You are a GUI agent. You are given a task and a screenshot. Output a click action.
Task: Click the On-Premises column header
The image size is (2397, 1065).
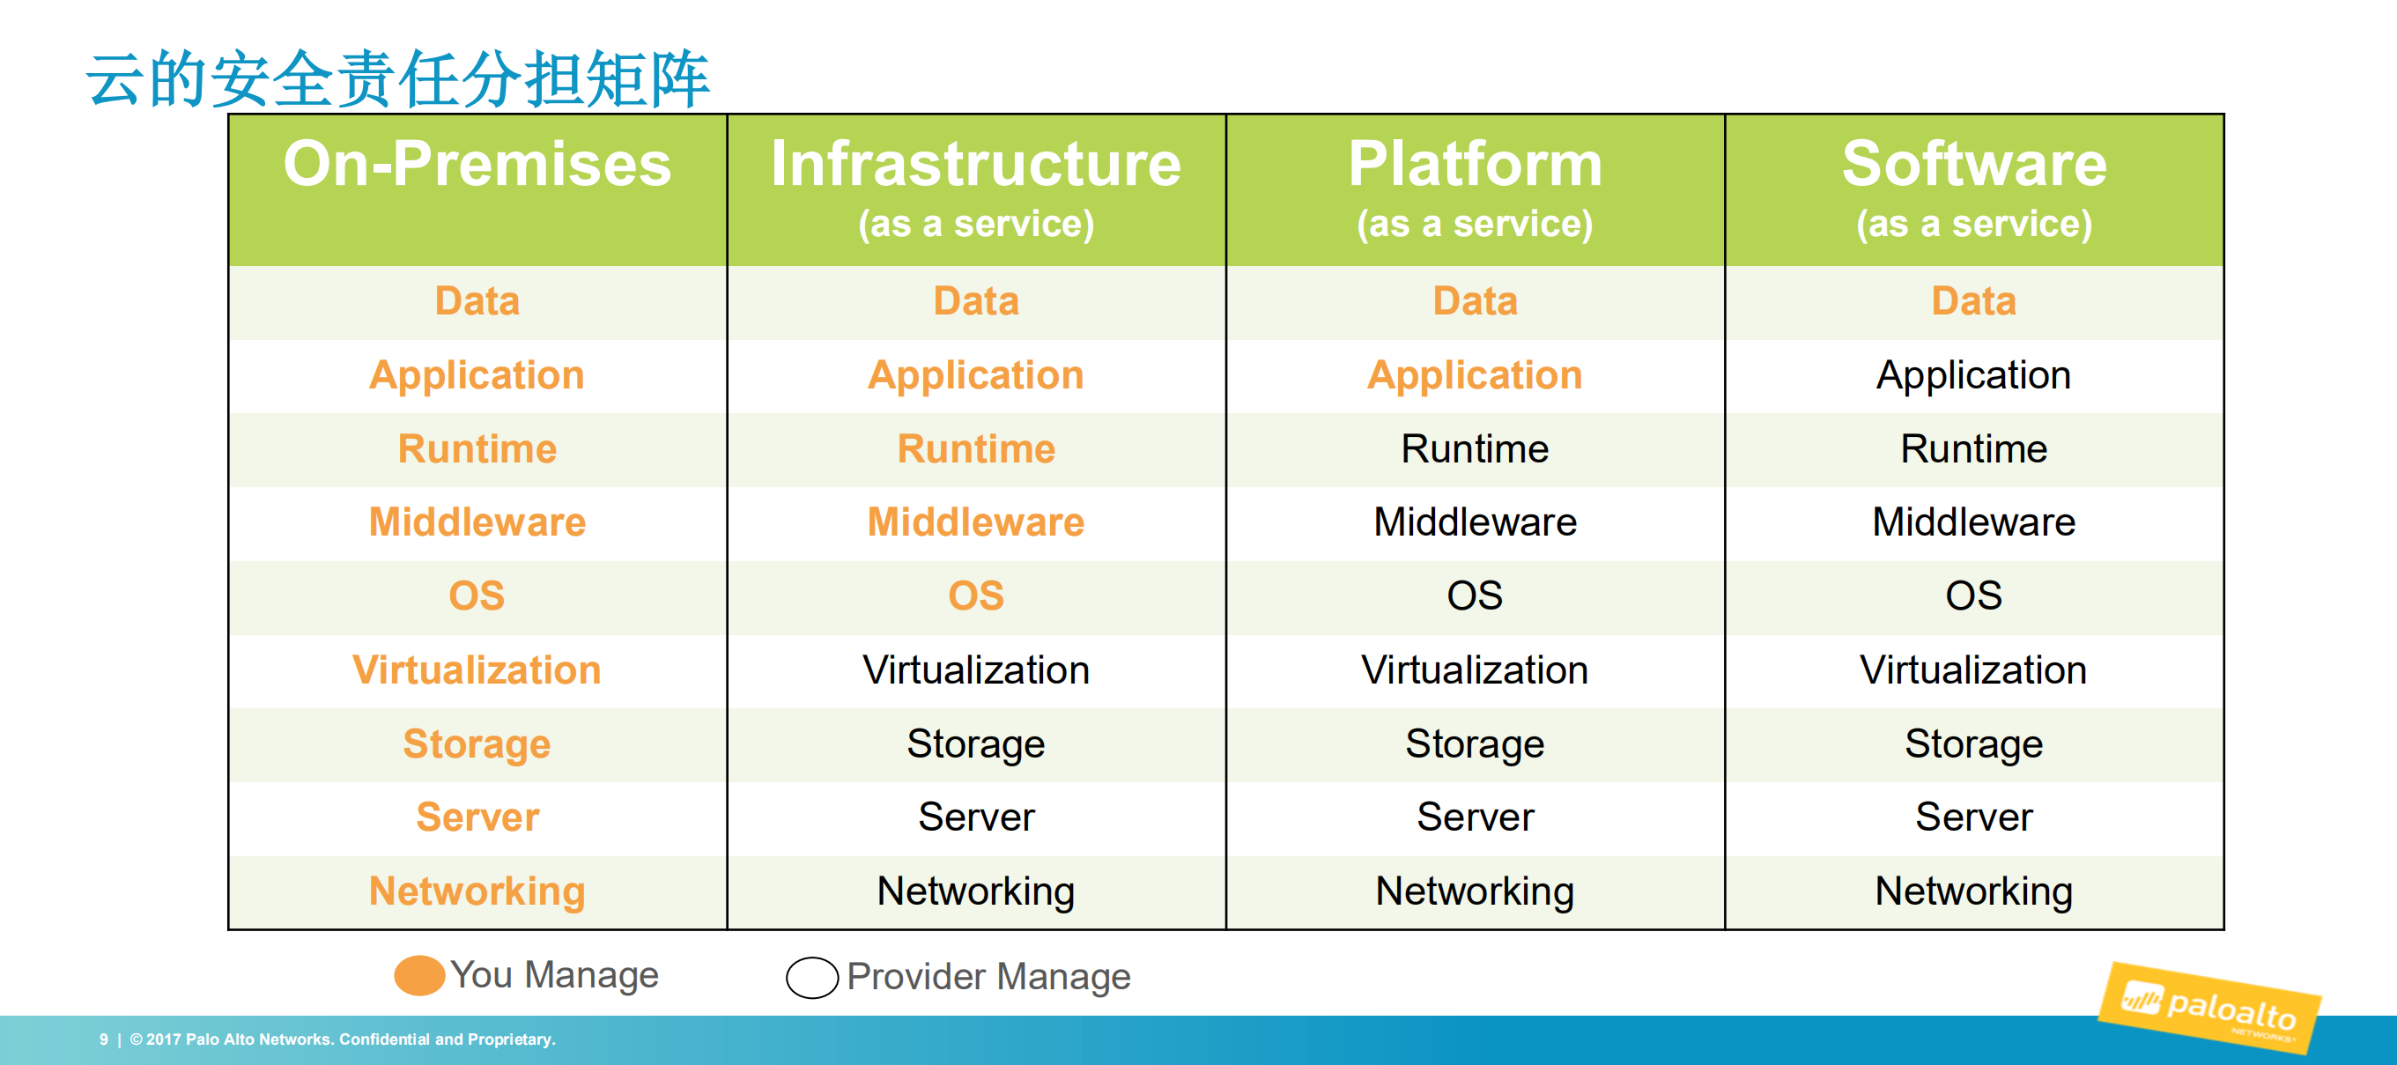pyautogui.click(x=477, y=165)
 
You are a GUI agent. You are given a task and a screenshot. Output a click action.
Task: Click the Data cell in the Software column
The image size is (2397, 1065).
pyautogui.click(x=1973, y=301)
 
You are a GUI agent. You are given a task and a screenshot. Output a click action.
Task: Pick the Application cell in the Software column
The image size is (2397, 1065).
pyautogui.click(x=1973, y=375)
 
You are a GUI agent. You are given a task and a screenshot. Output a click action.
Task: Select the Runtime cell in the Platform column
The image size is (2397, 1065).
pyautogui.click(x=1475, y=449)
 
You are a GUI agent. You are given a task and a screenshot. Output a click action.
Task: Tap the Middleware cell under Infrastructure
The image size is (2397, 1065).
pyautogui.click(x=975, y=522)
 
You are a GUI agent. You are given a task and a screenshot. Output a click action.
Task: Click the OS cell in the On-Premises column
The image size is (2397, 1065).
pyautogui.click(x=477, y=596)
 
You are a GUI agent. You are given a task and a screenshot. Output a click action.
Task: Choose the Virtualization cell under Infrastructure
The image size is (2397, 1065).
pyautogui.click(x=975, y=670)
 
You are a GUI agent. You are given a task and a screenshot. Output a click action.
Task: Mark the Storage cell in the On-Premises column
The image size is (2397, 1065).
pyautogui.click(x=477, y=744)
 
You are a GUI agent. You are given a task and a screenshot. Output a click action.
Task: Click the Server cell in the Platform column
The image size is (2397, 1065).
pyautogui.click(x=1475, y=817)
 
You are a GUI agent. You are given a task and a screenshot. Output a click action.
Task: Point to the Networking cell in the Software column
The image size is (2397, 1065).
pyautogui.click(x=1973, y=891)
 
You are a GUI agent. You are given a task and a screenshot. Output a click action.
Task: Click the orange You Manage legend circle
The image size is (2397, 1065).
pyautogui.click(x=418, y=976)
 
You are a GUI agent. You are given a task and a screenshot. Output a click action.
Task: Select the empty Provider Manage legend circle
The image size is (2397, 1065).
pyautogui.click(x=811, y=978)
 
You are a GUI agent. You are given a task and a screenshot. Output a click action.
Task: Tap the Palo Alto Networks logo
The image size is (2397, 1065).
pyautogui.click(x=2209, y=1009)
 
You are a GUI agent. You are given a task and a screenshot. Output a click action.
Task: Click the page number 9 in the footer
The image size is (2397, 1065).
pyautogui.click(x=103, y=1039)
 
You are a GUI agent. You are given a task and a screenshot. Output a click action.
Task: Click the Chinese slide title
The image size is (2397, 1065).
pyautogui.click(x=398, y=79)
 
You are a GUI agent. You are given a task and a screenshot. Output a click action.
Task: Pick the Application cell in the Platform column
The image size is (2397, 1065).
pyautogui.click(x=1475, y=375)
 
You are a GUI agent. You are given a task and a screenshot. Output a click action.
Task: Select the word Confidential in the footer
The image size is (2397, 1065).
pyautogui.click(x=384, y=1039)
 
